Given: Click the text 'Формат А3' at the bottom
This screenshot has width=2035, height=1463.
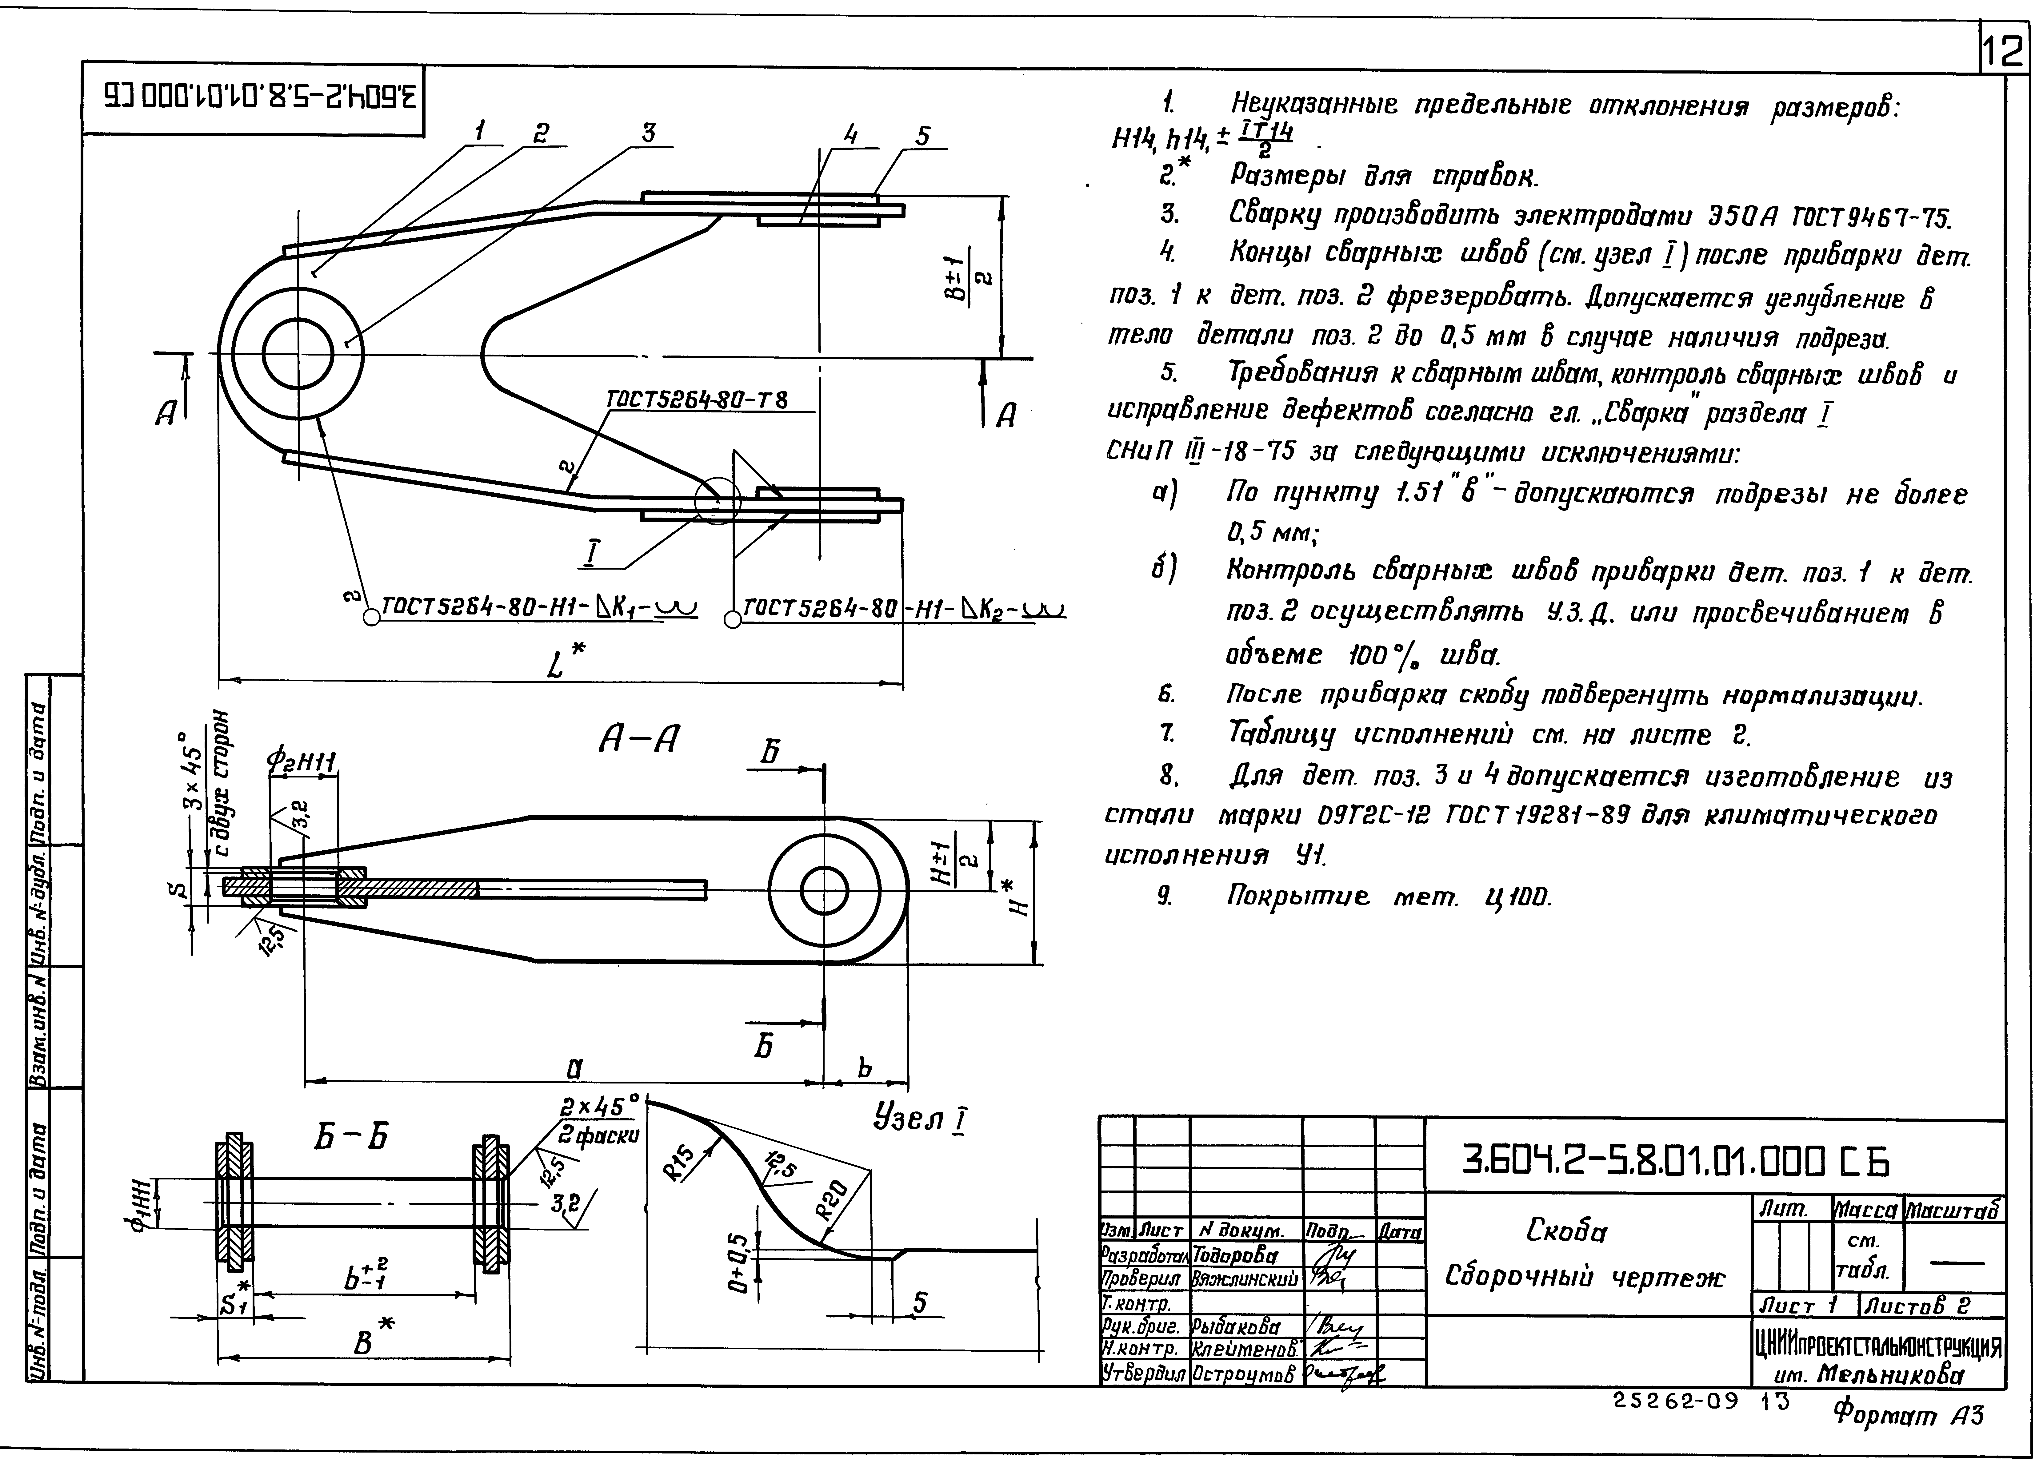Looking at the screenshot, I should click(1907, 1415).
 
